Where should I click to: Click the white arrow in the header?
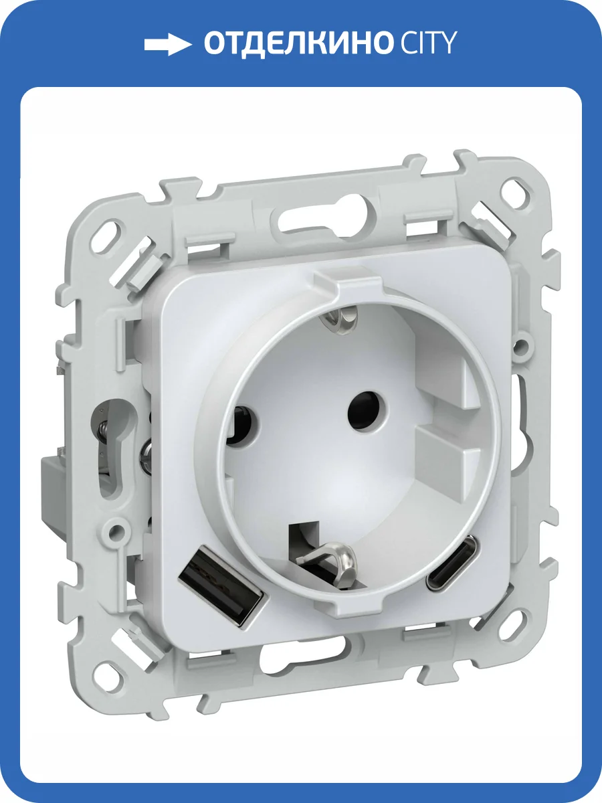pos(168,44)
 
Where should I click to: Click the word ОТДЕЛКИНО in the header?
pos(296,43)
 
